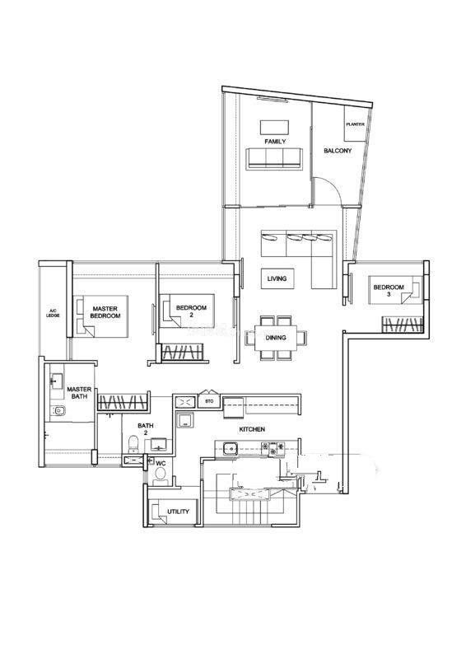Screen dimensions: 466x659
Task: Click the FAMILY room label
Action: coord(275,142)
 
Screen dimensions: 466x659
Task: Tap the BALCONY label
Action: coord(338,151)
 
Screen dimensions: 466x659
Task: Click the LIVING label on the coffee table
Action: coord(277,278)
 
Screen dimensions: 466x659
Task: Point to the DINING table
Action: coord(276,338)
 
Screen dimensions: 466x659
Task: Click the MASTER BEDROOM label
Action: coord(105,312)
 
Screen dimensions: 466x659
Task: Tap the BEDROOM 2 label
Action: coord(191,311)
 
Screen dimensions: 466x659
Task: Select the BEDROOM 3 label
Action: coord(389,291)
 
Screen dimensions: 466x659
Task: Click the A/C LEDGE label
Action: coord(53,313)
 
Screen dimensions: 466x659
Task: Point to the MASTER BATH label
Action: coord(79,393)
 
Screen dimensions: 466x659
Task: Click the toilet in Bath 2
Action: coord(133,444)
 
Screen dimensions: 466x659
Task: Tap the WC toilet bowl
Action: coord(160,475)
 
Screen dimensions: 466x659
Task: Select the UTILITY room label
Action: coord(178,512)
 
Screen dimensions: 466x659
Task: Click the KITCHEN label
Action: coord(252,429)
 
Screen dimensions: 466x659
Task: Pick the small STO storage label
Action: coord(209,401)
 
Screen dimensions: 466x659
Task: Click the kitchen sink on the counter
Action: coord(231,449)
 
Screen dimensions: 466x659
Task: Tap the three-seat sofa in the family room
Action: coord(274,159)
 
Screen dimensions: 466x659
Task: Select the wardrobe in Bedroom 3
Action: coord(402,325)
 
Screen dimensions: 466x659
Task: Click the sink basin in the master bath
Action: coord(56,381)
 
